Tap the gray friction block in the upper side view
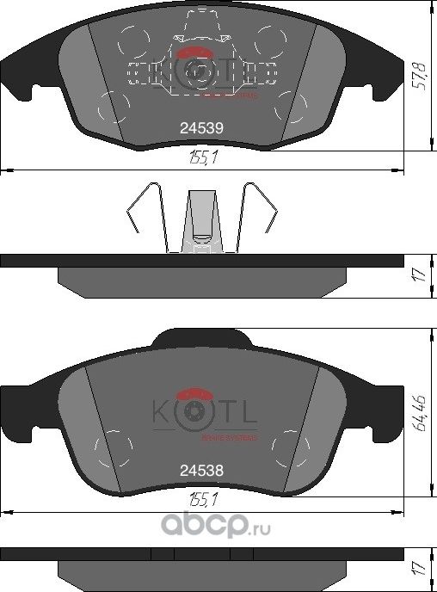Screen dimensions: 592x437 coord(201,279)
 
